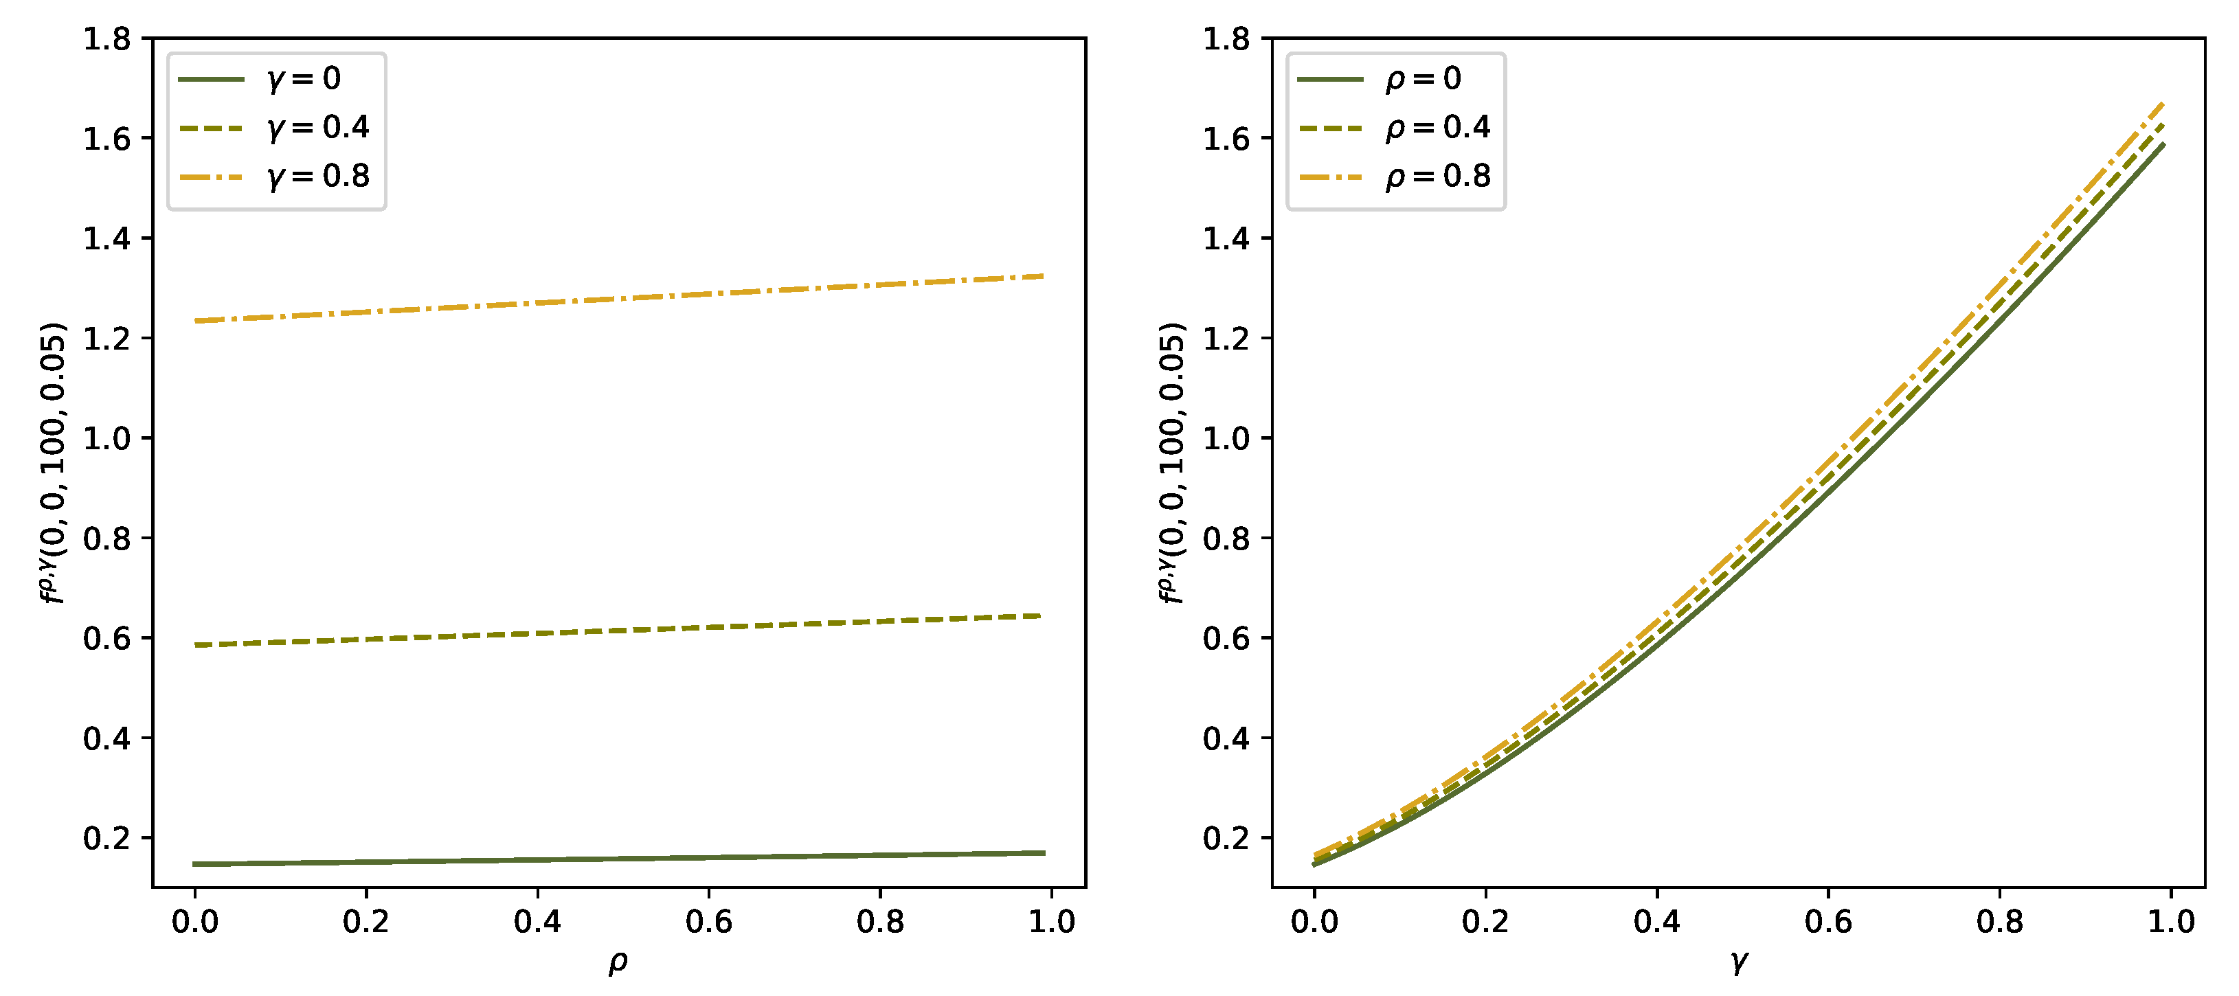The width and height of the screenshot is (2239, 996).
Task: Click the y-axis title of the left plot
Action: (53, 462)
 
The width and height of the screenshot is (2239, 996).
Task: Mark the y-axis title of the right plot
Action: (1173, 462)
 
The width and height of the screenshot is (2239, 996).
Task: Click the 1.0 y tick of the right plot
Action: (1226, 439)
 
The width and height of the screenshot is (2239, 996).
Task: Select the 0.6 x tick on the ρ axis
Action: (708, 922)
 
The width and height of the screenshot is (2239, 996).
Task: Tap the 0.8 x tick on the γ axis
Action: (1999, 922)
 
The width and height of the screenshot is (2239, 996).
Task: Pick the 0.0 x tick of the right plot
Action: (1314, 922)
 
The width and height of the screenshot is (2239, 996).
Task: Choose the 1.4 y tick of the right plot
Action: (1226, 239)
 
